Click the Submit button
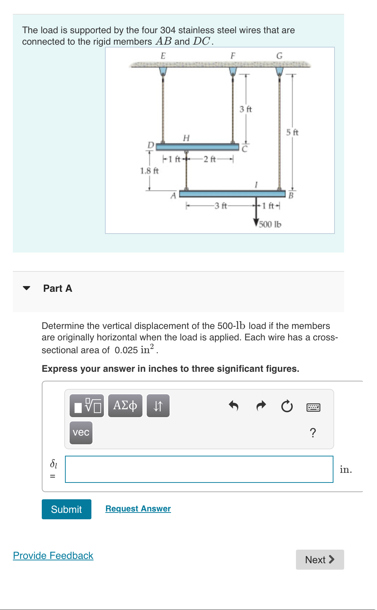[66, 509]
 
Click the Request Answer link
[138, 509]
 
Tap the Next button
[320, 559]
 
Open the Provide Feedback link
[53, 555]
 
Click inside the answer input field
[199, 469]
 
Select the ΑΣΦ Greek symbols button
[125, 406]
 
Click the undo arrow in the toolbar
[233, 406]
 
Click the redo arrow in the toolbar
[261, 406]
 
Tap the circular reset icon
[287, 406]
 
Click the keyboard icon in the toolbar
[313, 407]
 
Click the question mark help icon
[313, 433]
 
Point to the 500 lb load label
[270, 224]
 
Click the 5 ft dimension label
[292, 132]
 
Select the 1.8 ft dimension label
[149, 171]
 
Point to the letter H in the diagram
[186, 138]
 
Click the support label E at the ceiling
[163, 56]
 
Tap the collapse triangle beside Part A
[26, 288]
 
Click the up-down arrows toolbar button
[158, 406]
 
